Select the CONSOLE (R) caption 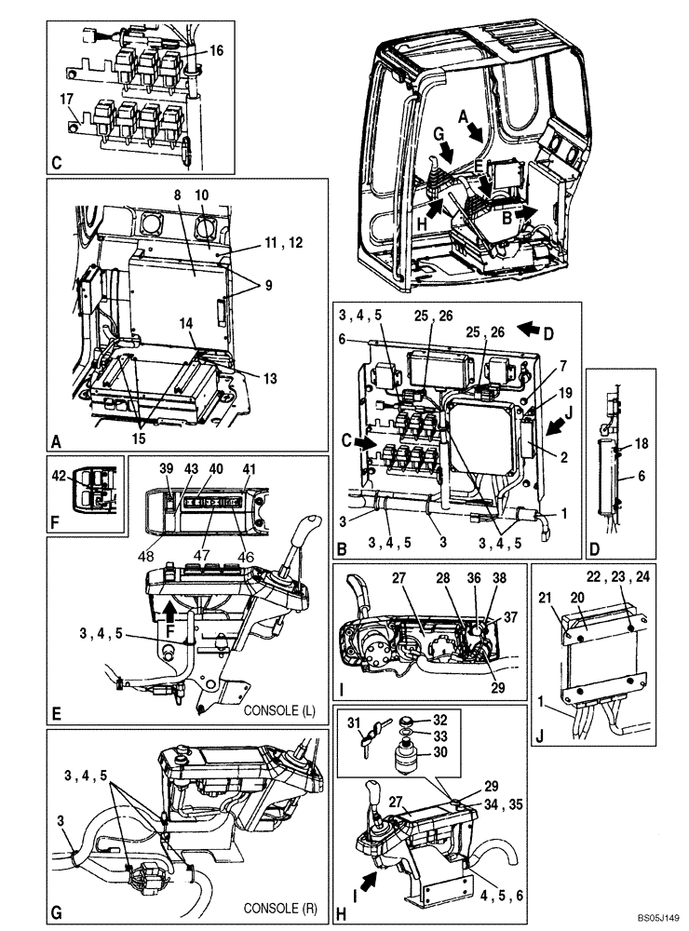coord(281,908)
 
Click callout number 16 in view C coord(216,52)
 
